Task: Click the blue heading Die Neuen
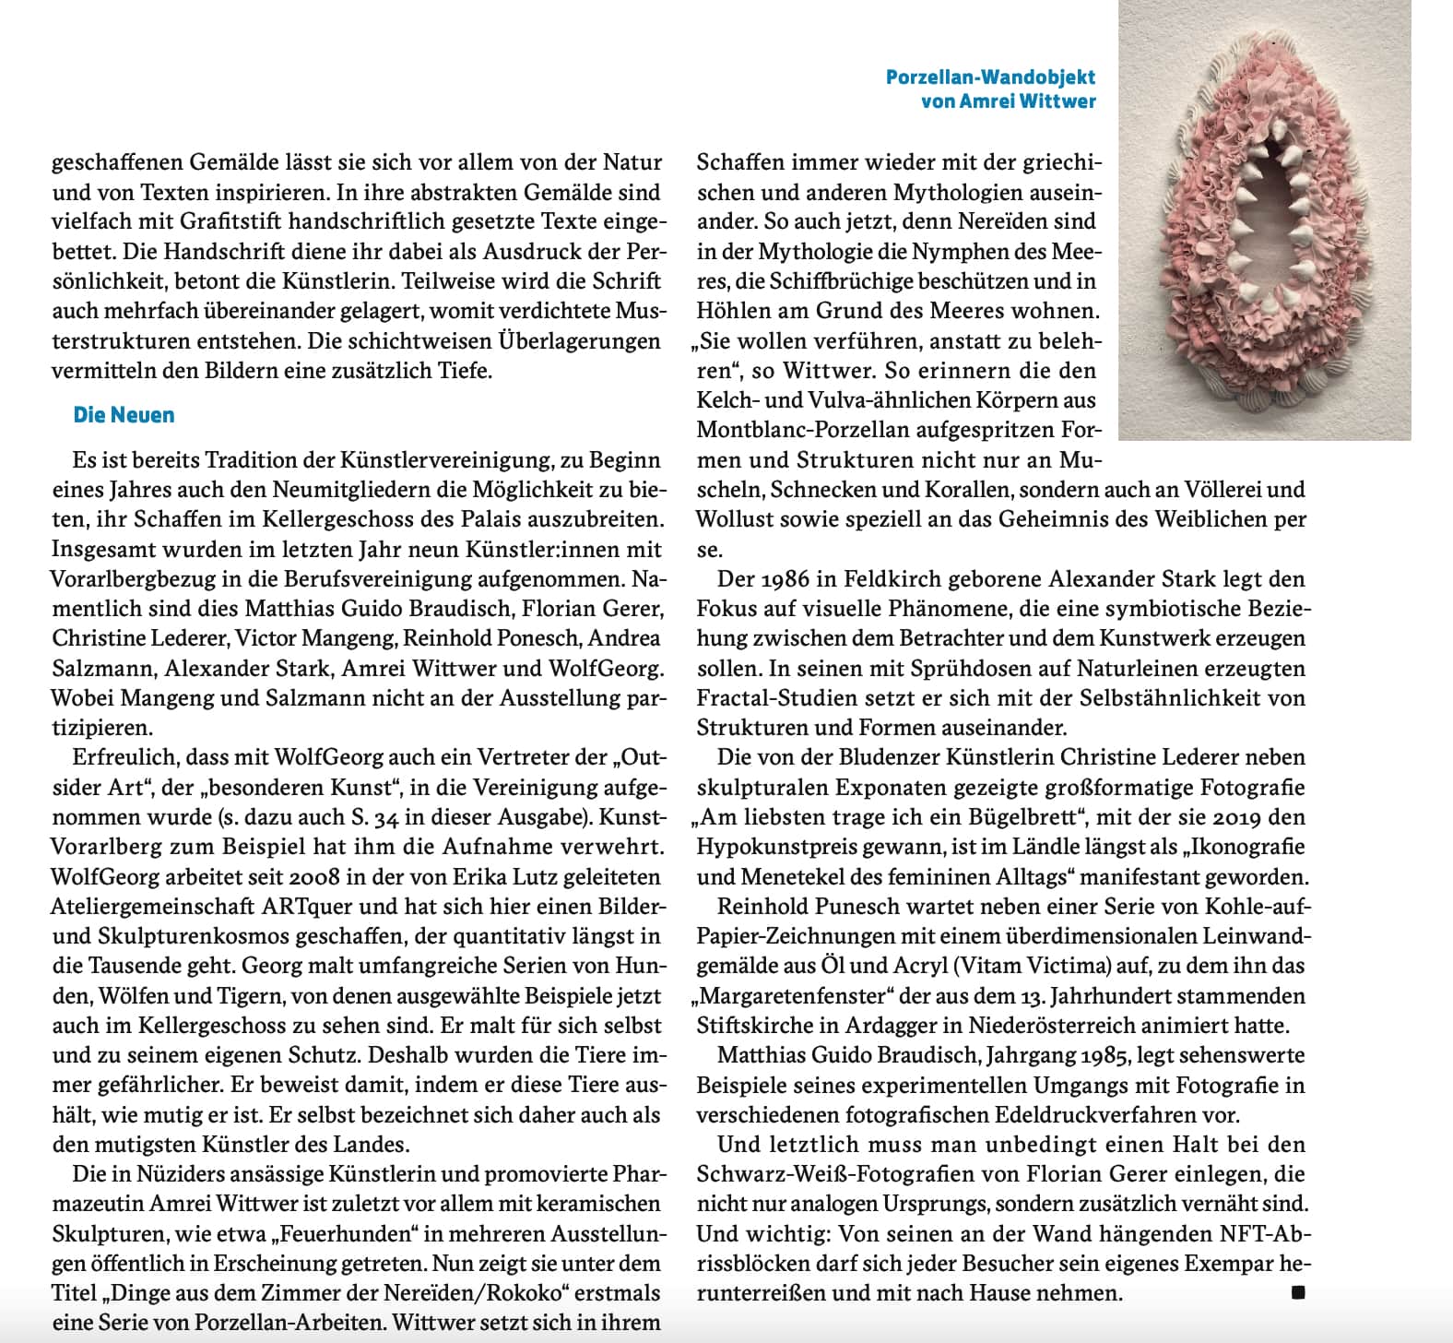[124, 415]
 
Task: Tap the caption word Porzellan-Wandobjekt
[990, 77]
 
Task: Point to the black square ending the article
[1298, 1293]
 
